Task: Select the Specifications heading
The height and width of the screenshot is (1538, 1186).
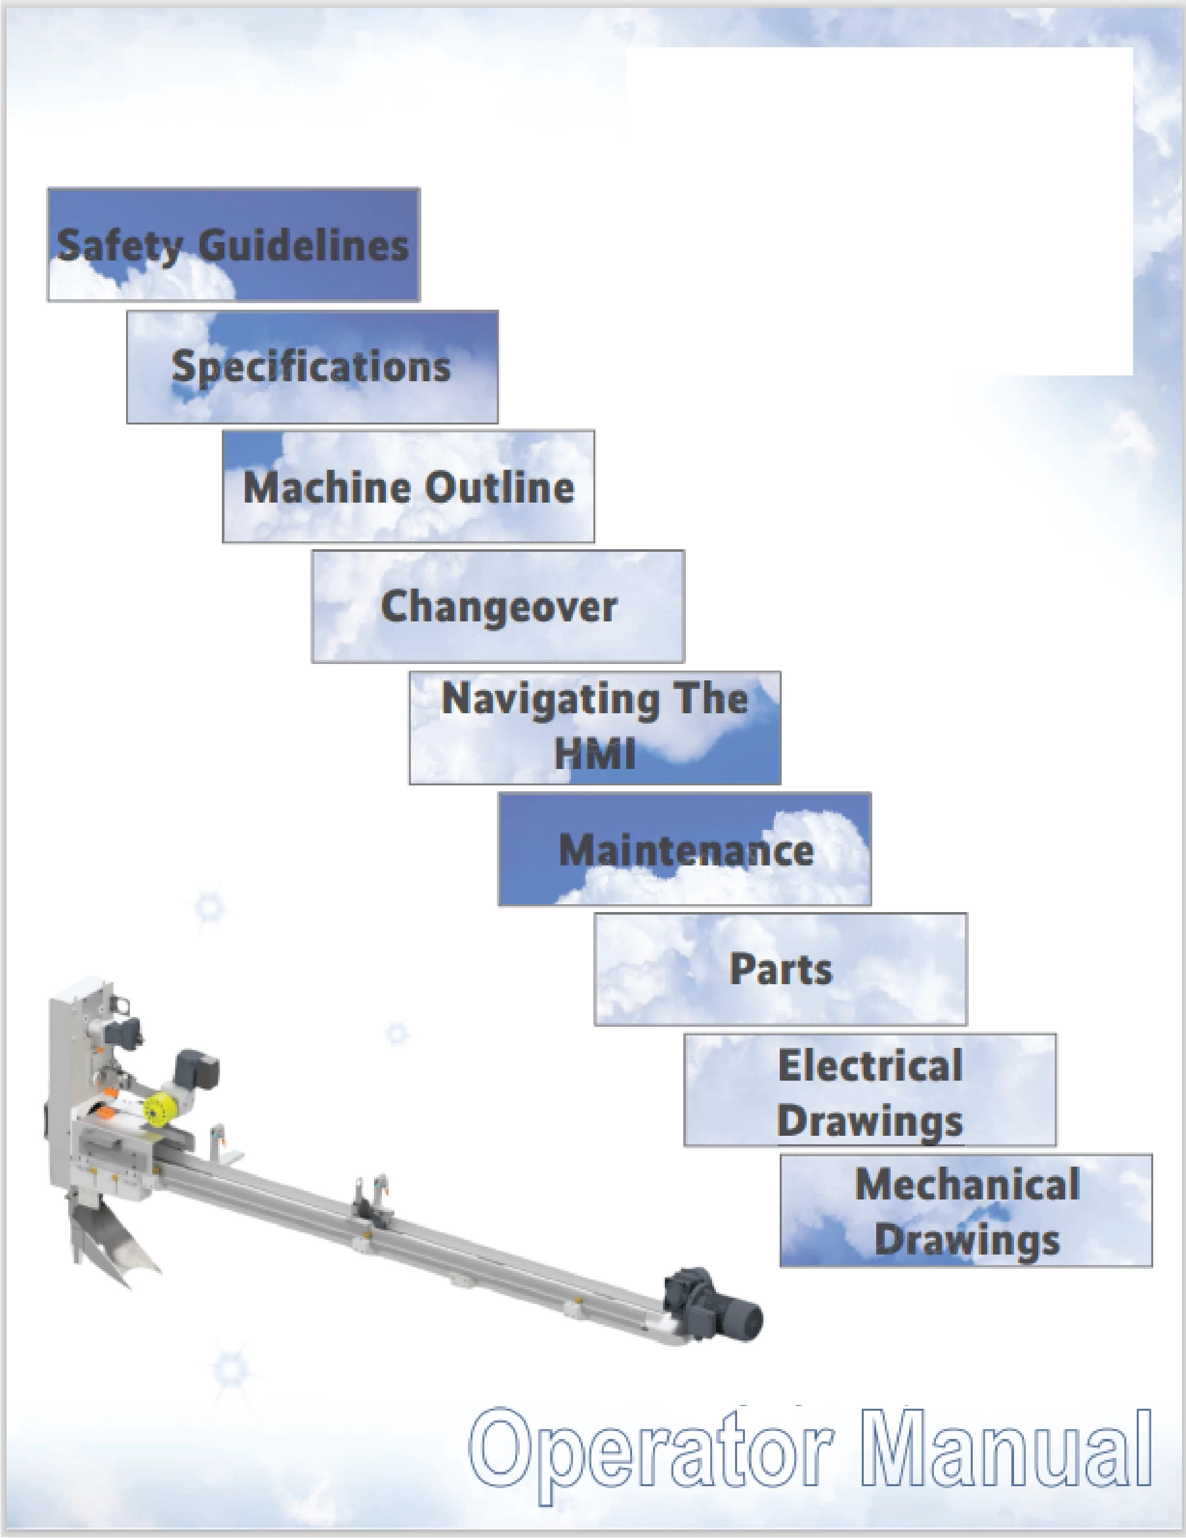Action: point(311,367)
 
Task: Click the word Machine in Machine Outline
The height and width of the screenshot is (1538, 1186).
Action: point(328,488)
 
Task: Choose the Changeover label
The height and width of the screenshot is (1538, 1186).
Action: point(499,607)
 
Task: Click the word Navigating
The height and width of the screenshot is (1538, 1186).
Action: point(541,701)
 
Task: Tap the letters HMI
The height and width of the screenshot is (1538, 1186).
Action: point(595,753)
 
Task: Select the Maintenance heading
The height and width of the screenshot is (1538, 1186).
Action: point(686,850)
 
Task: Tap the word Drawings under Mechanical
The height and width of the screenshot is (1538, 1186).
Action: point(967,1241)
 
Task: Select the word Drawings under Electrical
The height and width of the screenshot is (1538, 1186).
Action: point(870,1122)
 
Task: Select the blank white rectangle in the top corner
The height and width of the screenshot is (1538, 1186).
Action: point(879,211)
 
